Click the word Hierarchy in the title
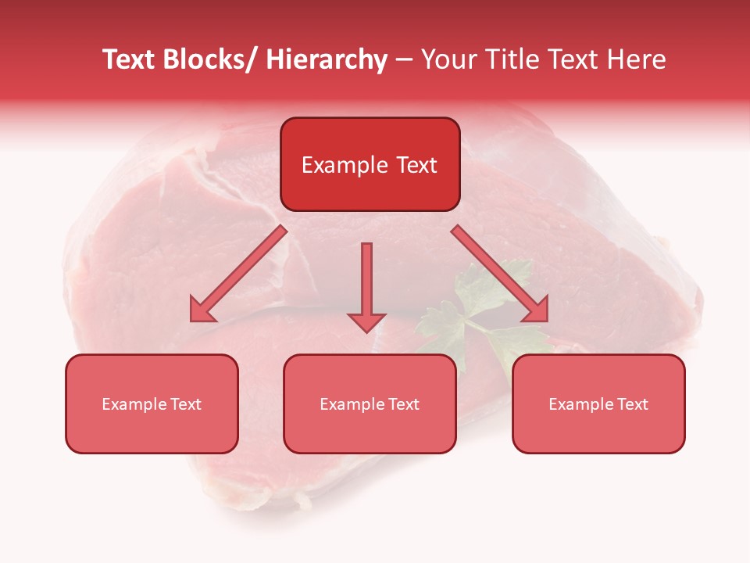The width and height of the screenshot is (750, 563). tap(327, 59)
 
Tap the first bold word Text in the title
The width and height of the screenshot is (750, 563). tap(129, 59)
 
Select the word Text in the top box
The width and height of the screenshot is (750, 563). tap(416, 165)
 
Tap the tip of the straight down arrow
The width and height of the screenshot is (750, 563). tap(366, 332)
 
